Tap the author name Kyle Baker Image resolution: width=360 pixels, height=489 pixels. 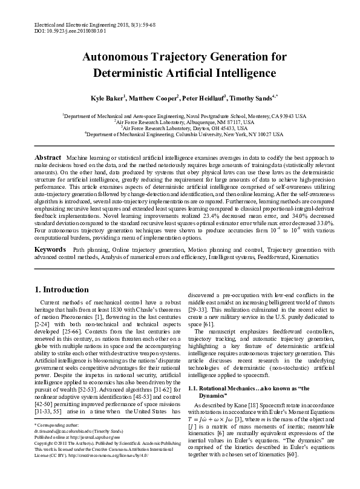(x=106, y=97)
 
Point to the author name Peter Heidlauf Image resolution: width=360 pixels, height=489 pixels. (x=203, y=97)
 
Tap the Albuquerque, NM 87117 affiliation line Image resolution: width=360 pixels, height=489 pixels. (x=180, y=122)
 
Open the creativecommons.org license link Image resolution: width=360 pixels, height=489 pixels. (x=105, y=472)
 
